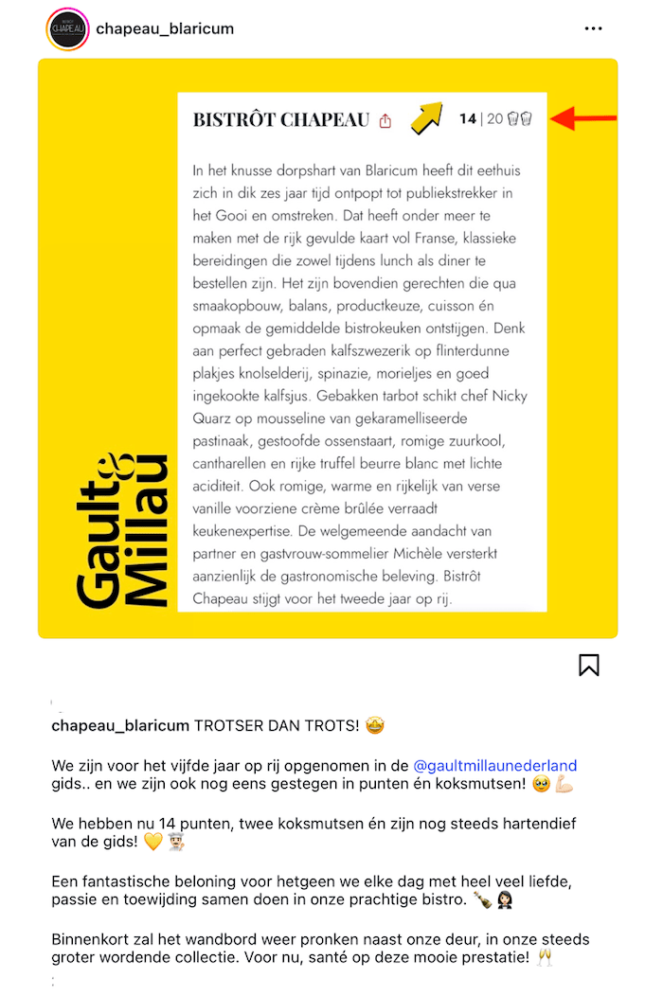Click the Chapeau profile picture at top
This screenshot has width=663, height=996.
pos(67,28)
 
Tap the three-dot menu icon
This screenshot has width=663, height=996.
pos(593,28)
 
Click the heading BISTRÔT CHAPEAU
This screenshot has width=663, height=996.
pos(281,120)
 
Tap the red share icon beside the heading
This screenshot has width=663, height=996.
pos(385,121)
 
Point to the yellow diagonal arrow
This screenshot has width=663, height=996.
pos(426,117)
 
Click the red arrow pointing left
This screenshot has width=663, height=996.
pos(583,118)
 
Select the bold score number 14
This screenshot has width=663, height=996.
pos(468,119)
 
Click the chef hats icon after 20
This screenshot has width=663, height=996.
pos(519,119)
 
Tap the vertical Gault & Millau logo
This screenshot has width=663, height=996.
pos(123,530)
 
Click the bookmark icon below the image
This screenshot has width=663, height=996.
pos(588,666)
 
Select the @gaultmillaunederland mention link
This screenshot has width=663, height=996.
pos(495,766)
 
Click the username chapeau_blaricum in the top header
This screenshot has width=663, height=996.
pos(165,28)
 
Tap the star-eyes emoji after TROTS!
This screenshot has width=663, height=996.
pos(376,726)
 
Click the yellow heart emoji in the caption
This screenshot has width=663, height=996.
pos(152,842)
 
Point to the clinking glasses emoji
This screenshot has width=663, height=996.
pos(545,957)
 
